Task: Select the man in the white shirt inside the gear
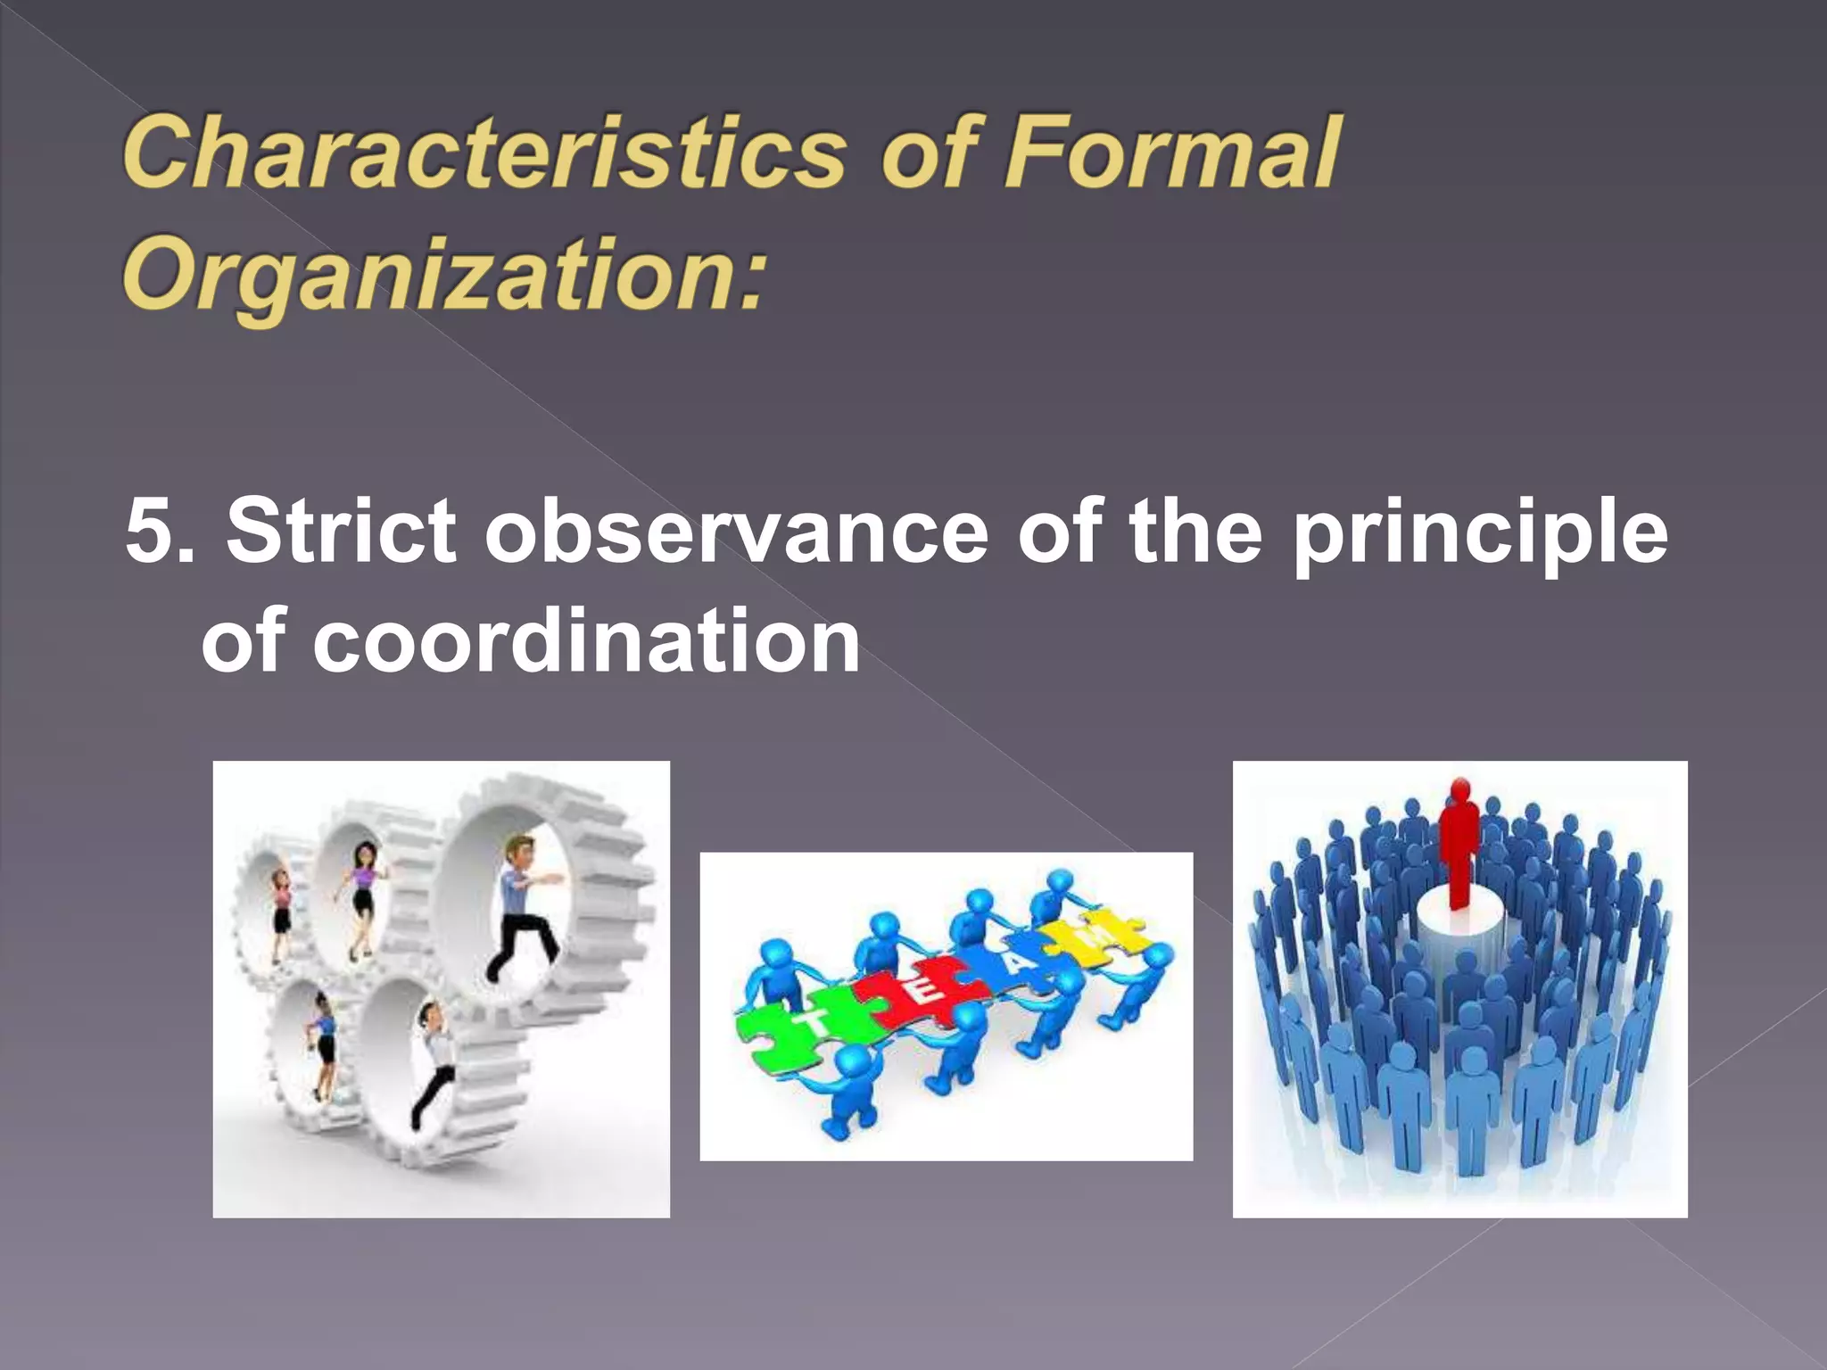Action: pos(433,1061)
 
